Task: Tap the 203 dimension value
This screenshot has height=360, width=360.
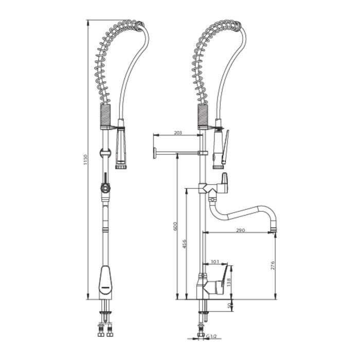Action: (177, 133)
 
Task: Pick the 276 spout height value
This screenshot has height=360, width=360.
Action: (273, 265)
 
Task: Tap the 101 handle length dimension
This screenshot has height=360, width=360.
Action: (215, 262)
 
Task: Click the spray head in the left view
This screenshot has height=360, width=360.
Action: (121, 149)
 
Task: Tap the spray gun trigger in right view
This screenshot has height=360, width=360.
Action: (226, 141)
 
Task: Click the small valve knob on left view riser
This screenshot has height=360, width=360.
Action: (105, 188)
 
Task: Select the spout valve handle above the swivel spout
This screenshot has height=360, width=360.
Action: (225, 180)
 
